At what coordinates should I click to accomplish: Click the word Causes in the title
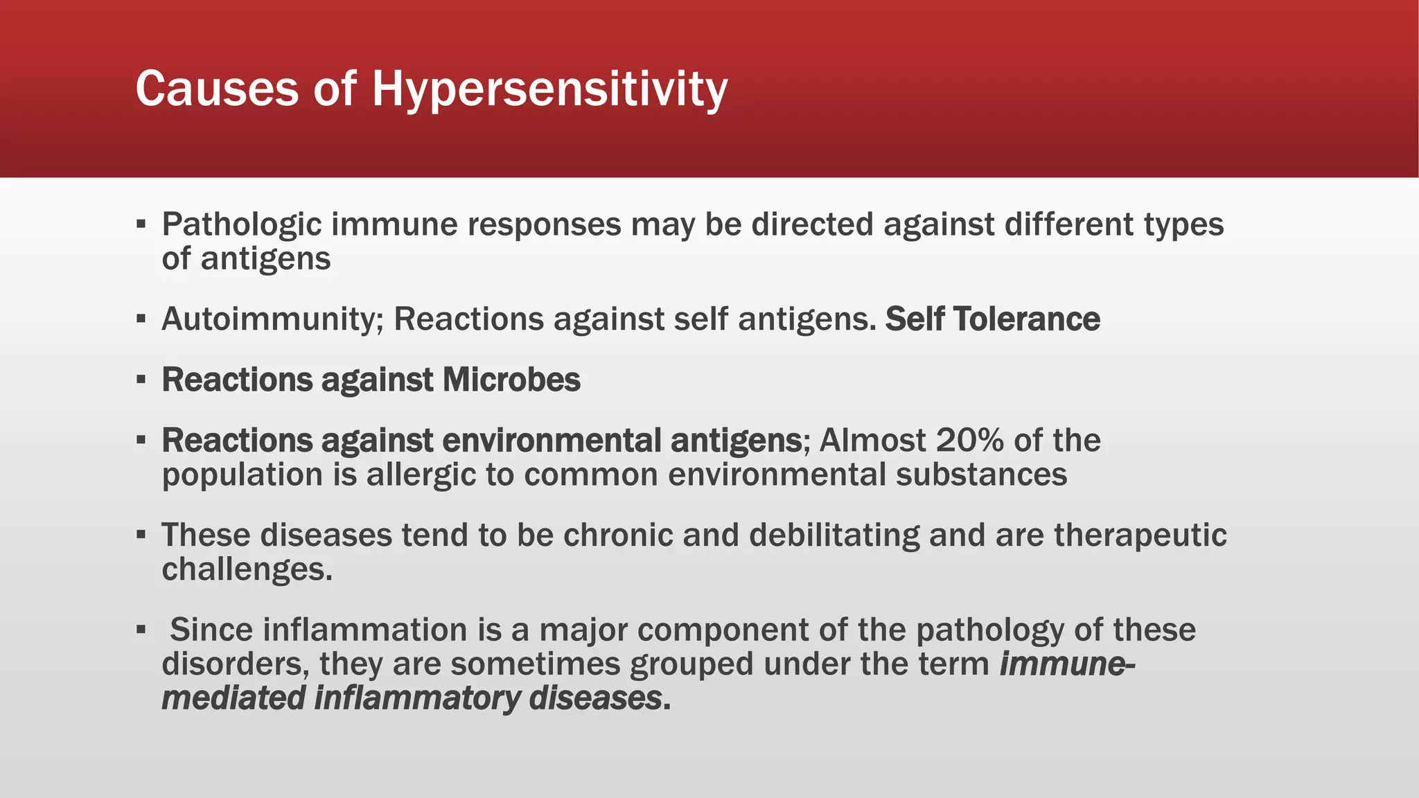point(217,89)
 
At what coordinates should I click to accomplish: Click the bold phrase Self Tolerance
point(992,319)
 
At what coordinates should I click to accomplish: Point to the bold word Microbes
point(511,380)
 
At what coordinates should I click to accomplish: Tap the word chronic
point(618,535)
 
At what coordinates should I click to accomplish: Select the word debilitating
point(834,535)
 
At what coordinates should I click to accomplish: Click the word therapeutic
point(1140,535)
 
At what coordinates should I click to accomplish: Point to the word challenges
point(247,569)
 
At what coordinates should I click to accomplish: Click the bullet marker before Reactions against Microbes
point(141,380)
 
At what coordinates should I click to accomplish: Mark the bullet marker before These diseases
point(141,535)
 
